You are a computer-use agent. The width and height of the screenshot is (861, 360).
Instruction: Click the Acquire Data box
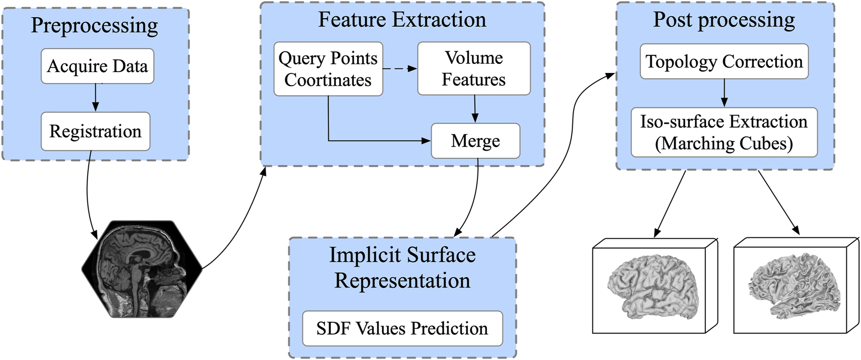(x=97, y=66)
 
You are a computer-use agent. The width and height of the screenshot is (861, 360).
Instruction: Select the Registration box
(x=95, y=131)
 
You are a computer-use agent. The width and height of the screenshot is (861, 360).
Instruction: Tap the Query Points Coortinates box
(x=328, y=69)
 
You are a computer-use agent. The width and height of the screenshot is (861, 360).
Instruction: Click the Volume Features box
(x=474, y=68)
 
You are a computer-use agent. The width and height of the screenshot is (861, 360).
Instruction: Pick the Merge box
(x=475, y=141)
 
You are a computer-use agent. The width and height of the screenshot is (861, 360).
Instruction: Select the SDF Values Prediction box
(x=402, y=329)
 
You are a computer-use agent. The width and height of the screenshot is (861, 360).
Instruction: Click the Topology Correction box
(x=724, y=61)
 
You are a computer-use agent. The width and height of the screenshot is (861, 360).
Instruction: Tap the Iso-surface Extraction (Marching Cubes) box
(x=724, y=132)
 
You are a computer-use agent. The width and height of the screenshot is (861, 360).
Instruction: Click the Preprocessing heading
(x=95, y=25)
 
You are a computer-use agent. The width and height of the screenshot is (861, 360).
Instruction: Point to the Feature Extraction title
(x=402, y=20)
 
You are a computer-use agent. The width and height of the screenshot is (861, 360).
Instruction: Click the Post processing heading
(x=724, y=20)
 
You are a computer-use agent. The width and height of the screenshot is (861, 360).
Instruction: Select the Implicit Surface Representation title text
(x=402, y=268)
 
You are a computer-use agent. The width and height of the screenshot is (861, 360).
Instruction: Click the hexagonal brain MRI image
(x=142, y=269)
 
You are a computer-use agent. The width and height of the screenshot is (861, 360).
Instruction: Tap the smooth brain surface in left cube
(x=653, y=286)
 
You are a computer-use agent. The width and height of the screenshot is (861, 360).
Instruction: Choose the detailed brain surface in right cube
(x=795, y=286)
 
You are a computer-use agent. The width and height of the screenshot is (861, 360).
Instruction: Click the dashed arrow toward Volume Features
(x=399, y=68)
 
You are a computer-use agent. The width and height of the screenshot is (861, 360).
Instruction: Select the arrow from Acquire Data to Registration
(x=95, y=98)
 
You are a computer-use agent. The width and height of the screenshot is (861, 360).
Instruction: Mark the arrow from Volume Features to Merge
(x=475, y=109)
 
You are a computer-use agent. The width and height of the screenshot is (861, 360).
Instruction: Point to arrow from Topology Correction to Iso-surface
(x=724, y=93)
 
